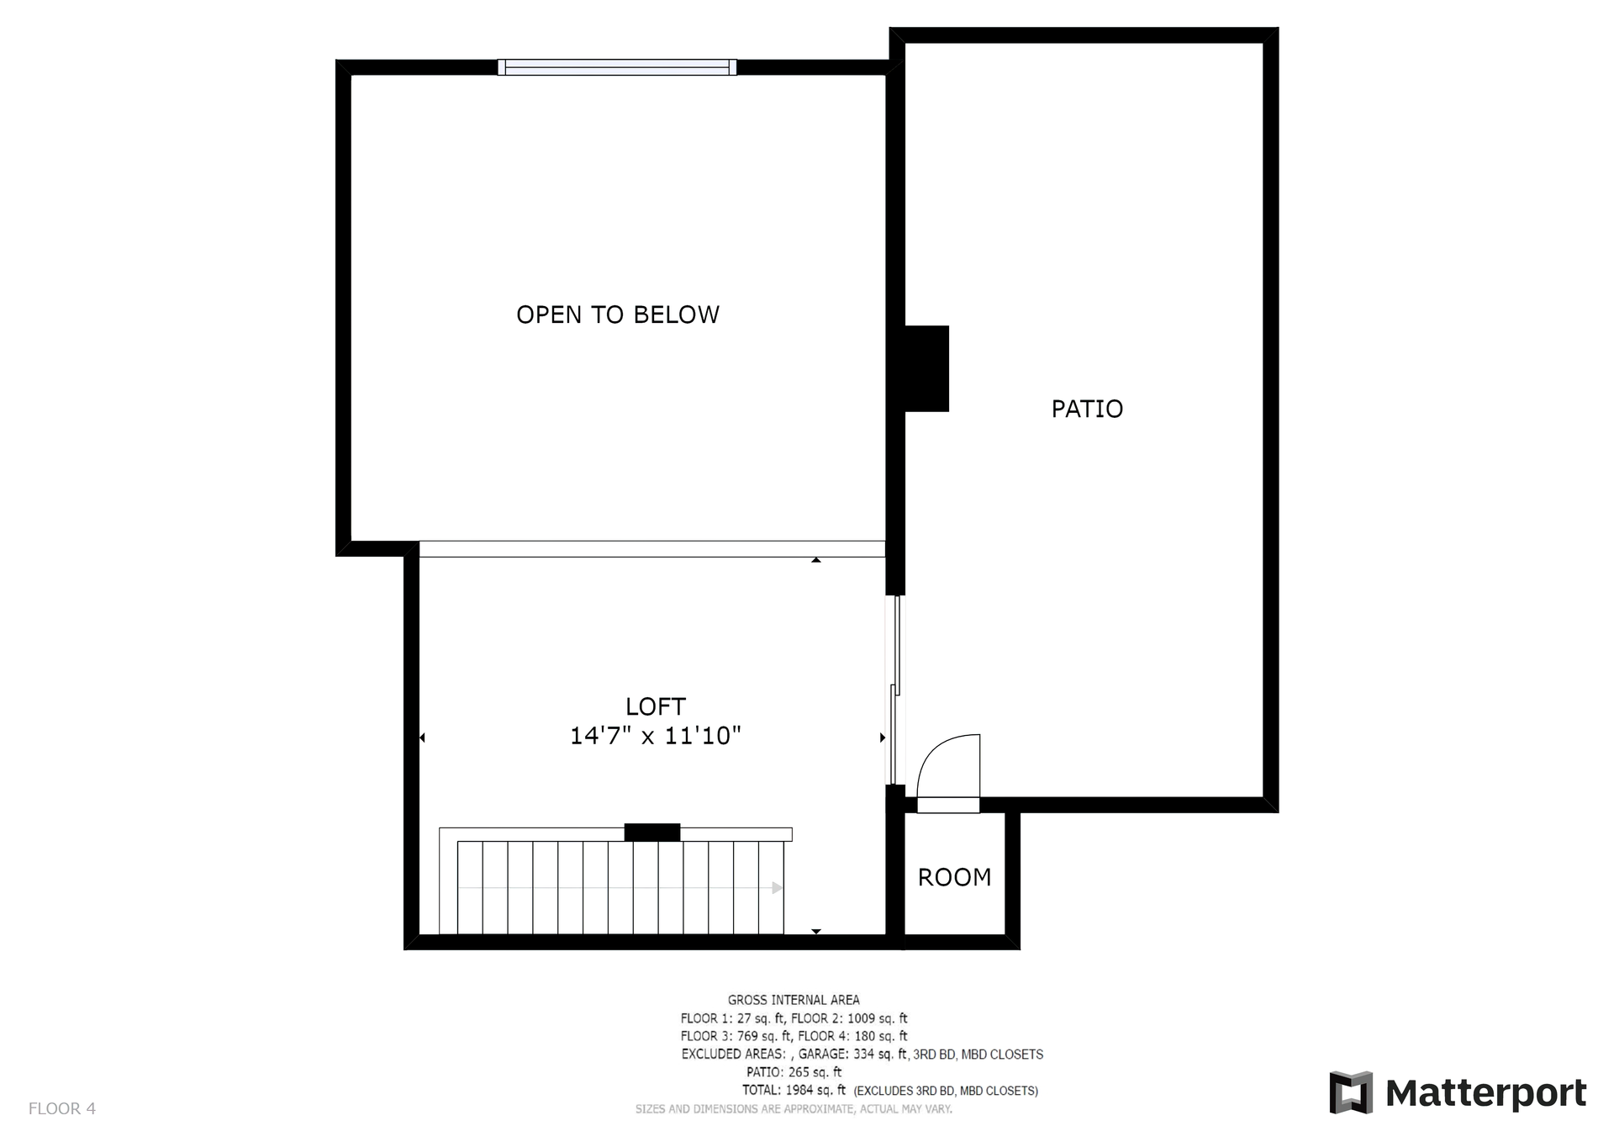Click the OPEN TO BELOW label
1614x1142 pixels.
tap(618, 315)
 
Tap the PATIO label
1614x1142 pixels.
tap(1087, 409)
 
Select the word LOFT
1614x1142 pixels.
tap(656, 706)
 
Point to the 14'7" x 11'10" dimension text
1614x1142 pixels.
tap(656, 737)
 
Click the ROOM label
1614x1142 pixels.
tap(954, 877)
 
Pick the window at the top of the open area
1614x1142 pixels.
tap(617, 67)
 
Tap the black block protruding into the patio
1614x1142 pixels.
tap(926, 368)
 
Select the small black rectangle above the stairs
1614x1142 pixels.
tap(652, 833)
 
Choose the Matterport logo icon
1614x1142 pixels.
tap(1351, 1093)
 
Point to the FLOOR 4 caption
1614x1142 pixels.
tap(62, 1108)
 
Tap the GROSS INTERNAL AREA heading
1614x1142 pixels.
tap(794, 1000)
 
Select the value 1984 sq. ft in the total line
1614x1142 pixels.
tap(815, 1091)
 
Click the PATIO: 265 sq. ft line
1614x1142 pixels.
tap(794, 1072)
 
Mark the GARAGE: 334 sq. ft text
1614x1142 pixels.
tap(852, 1055)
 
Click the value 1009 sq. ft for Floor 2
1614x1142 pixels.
tap(878, 1018)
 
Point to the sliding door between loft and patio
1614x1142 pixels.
tap(894, 690)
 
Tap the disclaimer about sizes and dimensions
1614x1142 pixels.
tap(794, 1109)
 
